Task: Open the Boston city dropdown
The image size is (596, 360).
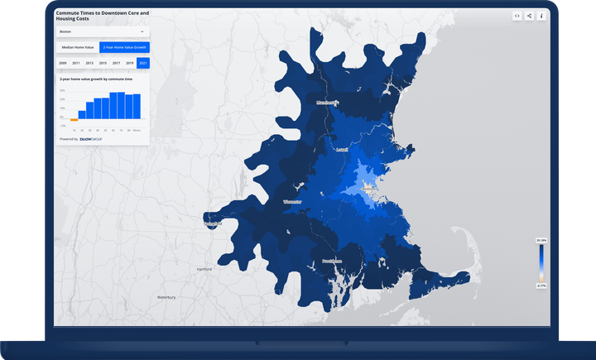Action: (x=102, y=31)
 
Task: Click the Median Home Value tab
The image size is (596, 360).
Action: (x=77, y=48)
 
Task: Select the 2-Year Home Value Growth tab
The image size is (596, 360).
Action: (x=124, y=48)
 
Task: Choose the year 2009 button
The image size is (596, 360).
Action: (x=63, y=63)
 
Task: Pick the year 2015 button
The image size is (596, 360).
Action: (x=103, y=63)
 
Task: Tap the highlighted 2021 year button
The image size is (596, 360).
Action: (x=143, y=63)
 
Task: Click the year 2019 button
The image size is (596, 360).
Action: (x=130, y=63)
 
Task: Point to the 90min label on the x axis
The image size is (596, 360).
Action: (x=137, y=130)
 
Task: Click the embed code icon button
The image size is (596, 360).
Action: (x=517, y=16)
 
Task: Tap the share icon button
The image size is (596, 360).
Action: (x=529, y=16)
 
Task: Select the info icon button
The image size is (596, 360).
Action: (x=541, y=16)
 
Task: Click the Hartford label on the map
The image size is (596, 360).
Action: (x=204, y=269)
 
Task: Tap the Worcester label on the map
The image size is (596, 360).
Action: (x=292, y=202)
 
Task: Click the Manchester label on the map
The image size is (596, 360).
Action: (x=327, y=103)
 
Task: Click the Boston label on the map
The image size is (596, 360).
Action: (x=369, y=189)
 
